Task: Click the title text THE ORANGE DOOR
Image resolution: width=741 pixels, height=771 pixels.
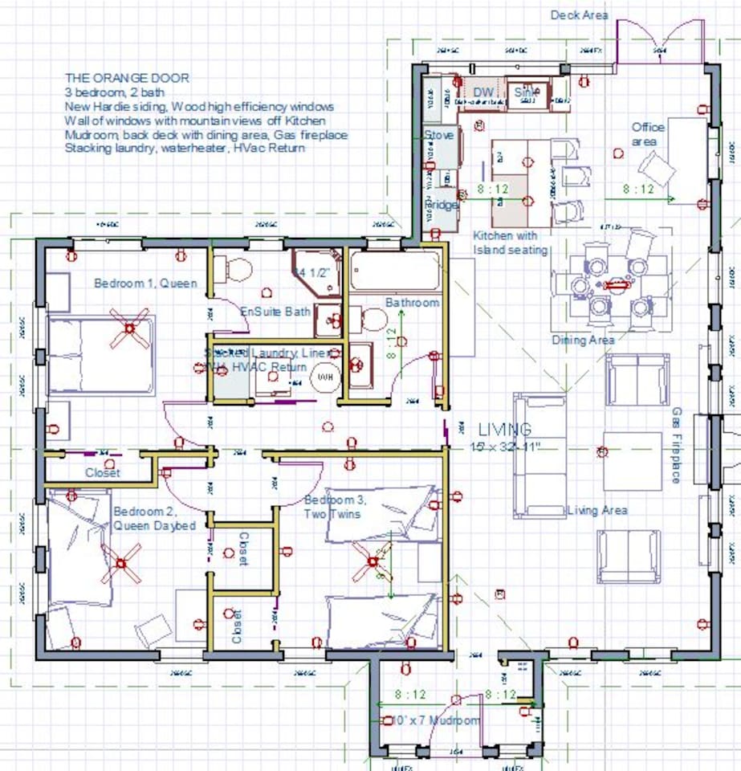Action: click(127, 79)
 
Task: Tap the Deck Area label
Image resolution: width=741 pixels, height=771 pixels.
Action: click(579, 15)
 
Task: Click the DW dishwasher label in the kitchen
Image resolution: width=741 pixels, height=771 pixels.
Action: click(483, 93)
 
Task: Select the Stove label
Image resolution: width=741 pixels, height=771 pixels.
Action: click(439, 135)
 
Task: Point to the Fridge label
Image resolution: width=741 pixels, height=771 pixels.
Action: click(441, 205)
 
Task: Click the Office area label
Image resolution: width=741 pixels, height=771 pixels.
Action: click(648, 134)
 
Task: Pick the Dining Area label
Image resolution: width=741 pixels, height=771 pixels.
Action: click(583, 341)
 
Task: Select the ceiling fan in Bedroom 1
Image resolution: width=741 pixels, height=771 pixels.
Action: click(130, 328)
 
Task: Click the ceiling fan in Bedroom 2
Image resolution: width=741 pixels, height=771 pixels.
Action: click(121, 561)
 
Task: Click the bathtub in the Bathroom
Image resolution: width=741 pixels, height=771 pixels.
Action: click(395, 271)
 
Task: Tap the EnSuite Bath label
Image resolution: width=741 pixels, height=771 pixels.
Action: click(275, 311)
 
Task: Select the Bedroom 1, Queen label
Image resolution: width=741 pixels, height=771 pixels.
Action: click(145, 284)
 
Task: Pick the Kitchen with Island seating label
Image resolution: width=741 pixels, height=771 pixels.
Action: click(511, 243)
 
